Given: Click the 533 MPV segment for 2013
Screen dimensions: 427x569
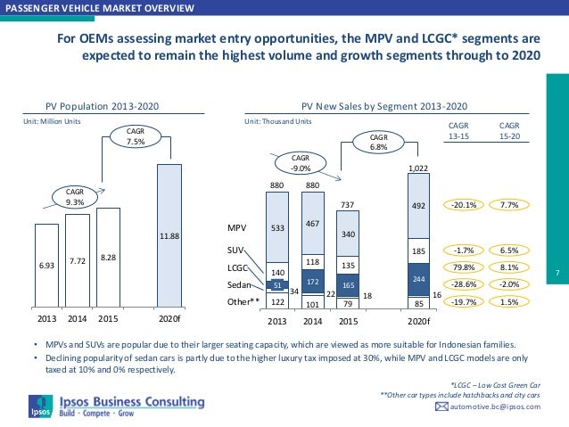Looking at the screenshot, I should coord(279,227).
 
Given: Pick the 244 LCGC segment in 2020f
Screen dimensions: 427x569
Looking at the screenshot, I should coord(418,279).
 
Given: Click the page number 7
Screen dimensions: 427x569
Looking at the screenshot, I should coord(556,271).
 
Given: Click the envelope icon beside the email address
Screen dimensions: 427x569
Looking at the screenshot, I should coord(441,406).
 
